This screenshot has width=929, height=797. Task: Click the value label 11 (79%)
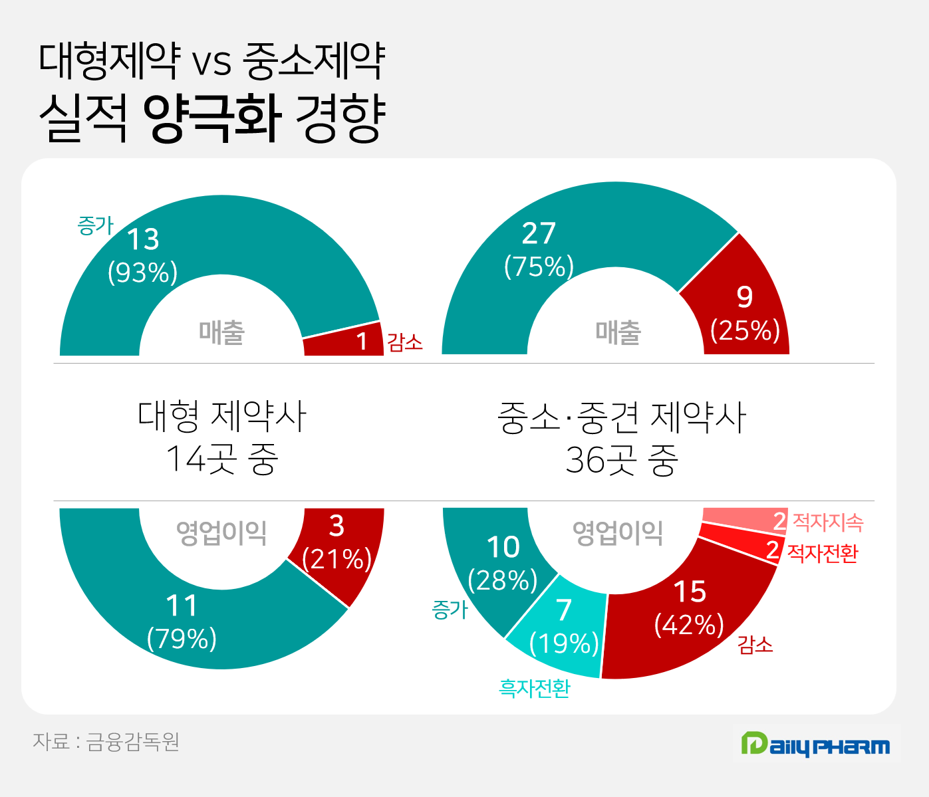(x=182, y=622)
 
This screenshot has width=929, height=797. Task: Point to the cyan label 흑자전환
(x=535, y=688)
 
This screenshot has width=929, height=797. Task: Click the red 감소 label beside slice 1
(x=405, y=342)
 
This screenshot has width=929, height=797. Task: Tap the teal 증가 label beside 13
(x=95, y=226)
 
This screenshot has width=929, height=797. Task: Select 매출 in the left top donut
(x=222, y=332)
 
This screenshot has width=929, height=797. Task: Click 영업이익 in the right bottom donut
(x=618, y=532)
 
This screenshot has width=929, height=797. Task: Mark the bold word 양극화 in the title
(x=212, y=118)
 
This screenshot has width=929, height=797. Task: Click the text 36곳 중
(x=622, y=459)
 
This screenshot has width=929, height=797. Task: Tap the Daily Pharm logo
(x=816, y=744)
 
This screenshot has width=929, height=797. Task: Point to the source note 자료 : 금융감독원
(x=106, y=741)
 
